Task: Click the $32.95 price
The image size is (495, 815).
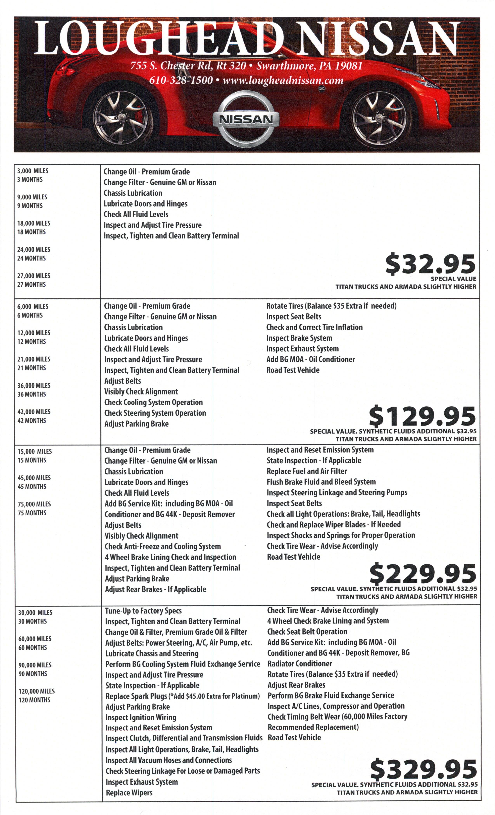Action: pos(430,264)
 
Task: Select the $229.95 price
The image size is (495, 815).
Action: pos(423,574)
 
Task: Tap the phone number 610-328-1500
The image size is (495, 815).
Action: pos(181,80)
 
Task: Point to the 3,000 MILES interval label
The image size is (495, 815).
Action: pos(33,171)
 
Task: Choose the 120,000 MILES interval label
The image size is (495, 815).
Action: pos(36,691)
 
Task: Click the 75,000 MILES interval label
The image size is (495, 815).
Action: pos(34,504)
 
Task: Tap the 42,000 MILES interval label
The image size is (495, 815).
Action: pos(34,412)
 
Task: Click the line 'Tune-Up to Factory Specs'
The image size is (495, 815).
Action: pos(143,611)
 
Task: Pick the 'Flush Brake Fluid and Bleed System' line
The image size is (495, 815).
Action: pos(321,482)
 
